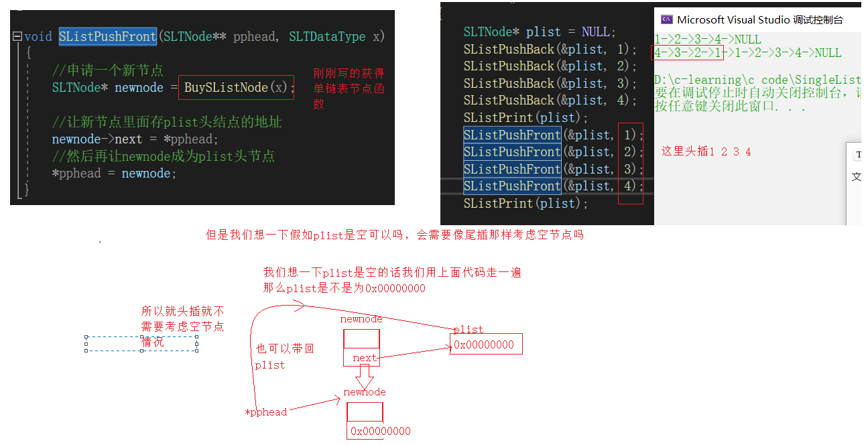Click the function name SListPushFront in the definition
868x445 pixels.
(107, 37)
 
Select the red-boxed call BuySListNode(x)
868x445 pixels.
(236, 88)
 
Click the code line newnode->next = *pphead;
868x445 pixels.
(135, 139)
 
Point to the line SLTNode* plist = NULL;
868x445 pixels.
(539, 32)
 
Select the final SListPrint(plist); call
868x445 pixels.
(525, 203)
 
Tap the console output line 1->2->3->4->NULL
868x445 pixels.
(708, 40)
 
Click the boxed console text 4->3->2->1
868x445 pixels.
(688, 52)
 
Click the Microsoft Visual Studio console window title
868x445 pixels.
(759, 20)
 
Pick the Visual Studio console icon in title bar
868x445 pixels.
(666, 19)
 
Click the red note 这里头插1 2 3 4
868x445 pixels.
(706, 151)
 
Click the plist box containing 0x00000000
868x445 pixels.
(485, 344)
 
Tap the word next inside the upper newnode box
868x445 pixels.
(365, 358)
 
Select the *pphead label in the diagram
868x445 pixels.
(266, 412)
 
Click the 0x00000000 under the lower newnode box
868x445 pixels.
(380, 431)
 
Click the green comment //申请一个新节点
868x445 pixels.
(107, 70)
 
